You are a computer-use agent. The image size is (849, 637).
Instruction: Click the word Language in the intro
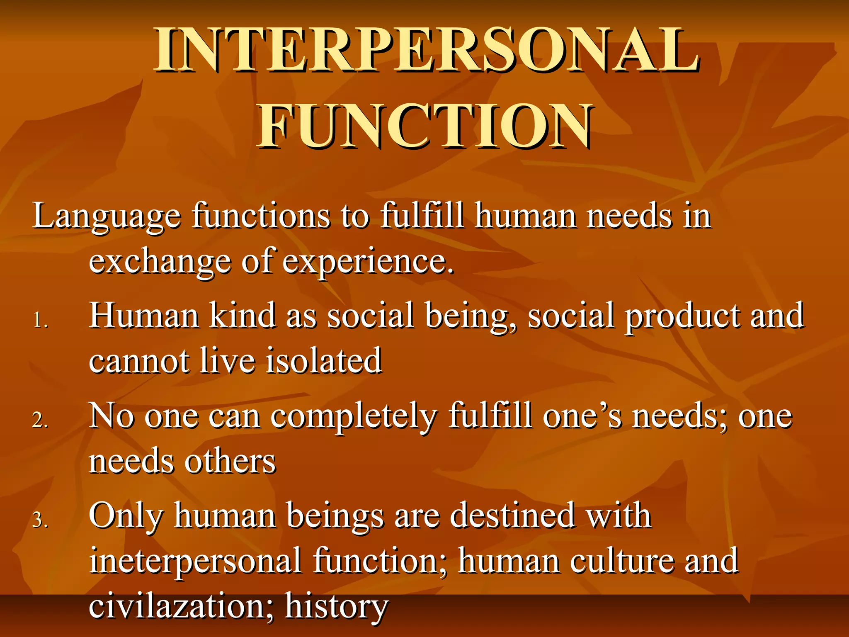(107, 216)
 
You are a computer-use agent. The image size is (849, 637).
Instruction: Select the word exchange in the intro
(160, 262)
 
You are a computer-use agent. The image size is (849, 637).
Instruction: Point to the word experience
(368, 262)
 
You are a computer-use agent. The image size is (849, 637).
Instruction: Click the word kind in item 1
(243, 315)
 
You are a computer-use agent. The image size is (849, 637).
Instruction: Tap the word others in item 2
(230, 461)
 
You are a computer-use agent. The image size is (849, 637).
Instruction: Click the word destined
(512, 515)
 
